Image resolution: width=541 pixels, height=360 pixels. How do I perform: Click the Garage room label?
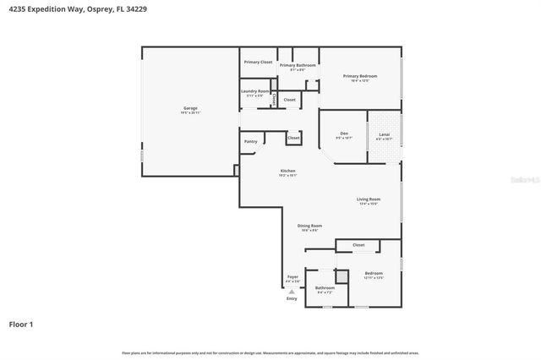coord(191,108)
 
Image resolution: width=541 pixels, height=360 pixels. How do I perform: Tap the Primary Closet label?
coord(258,62)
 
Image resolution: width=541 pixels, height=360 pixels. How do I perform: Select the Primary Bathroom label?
coord(298,65)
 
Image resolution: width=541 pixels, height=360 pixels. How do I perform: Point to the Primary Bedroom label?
coord(360,76)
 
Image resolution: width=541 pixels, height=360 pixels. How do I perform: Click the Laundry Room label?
coord(254,91)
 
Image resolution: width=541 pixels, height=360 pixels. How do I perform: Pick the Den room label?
coord(344,134)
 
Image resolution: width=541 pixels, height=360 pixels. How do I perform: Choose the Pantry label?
coord(250,141)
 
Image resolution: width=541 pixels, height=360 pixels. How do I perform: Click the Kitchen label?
coord(288,172)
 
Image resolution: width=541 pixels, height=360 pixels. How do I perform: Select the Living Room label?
coord(369,199)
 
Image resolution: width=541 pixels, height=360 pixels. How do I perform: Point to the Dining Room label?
coord(309,226)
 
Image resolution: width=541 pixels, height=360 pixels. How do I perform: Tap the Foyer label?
coord(292,276)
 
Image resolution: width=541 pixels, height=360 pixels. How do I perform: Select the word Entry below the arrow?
coord(292,298)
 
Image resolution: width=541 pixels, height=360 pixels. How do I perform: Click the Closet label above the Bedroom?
coord(358,245)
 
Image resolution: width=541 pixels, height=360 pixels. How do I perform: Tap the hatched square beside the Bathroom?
coord(342,275)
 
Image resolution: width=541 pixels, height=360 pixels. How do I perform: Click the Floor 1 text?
coord(21,324)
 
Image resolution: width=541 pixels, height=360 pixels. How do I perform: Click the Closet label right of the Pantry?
coord(293,137)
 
